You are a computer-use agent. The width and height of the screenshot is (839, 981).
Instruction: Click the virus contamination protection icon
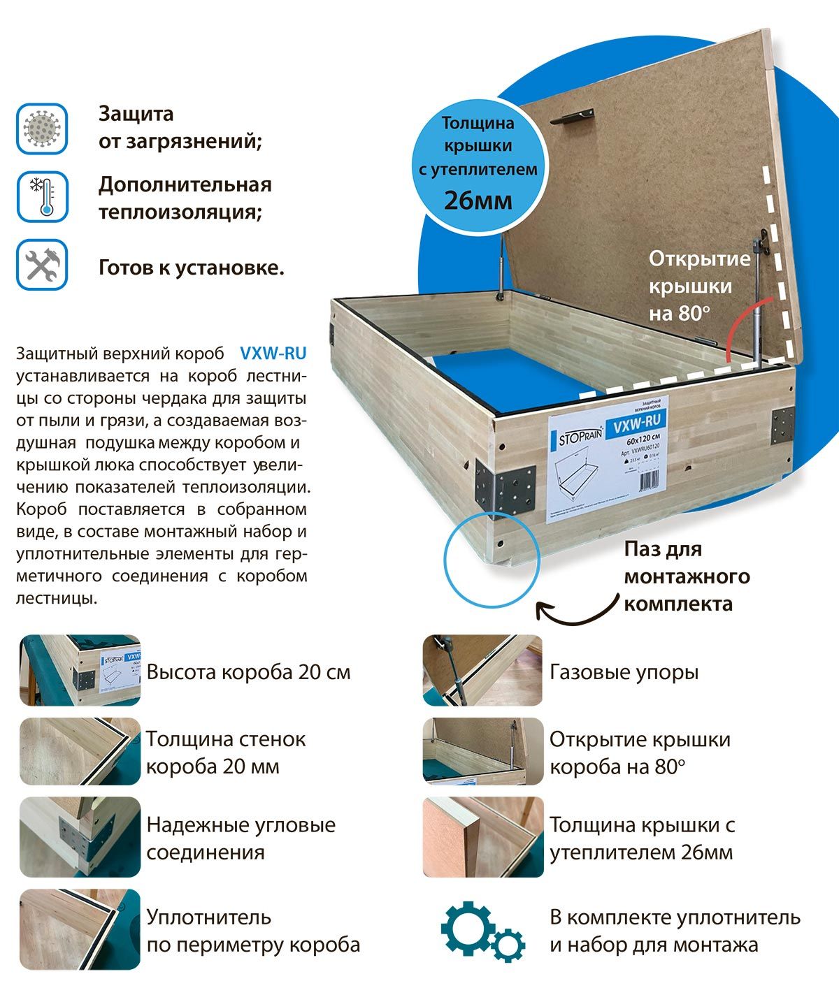pyautogui.click(x=42, y=128)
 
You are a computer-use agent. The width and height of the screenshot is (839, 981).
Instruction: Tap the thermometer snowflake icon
pyautogui.click(x=42, y=197)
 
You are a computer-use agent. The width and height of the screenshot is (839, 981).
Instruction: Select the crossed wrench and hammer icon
pyautogui.click(x=42, y=265)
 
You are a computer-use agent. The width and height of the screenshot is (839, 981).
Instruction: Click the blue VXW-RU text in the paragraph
pyautogui.click(x=273, y=353)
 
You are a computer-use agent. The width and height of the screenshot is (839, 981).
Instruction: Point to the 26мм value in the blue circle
pyautogui.click(x=478, y=201)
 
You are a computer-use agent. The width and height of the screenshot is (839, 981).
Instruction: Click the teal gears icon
pyautogui.click(x=482, y=930)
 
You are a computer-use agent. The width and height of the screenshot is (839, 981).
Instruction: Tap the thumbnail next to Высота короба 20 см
pyautogui.click(x=80, y=670)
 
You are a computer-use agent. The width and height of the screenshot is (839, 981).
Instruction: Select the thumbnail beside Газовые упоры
pyautogui.click(x=482, y=670)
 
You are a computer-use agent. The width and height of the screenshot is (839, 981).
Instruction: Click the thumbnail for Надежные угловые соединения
pyautogui.click(x=80, y=836)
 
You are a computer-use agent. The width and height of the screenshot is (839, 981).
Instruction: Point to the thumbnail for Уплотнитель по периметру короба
pyautogui.click(x=80, y=929)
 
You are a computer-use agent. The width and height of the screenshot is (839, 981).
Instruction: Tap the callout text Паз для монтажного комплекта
pyautogui.click(x=687, y=576)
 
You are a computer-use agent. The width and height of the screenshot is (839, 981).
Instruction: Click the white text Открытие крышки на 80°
pyautogui.click(x=698, y=286)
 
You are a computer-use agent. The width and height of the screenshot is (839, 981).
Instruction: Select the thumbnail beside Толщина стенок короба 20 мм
pyautogui.click(x=80, y=751)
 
